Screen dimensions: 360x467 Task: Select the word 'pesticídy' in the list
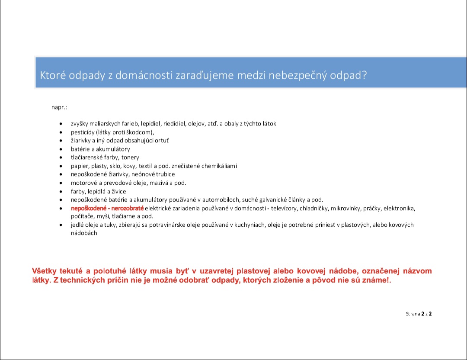click(x=82, y=132)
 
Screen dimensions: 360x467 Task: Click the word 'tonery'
click(x=130, y=157)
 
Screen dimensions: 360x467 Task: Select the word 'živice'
click(x=117, y=191)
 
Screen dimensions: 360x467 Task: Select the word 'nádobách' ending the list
click(x=84, y=233)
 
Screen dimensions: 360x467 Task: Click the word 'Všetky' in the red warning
click(x=45, y=271)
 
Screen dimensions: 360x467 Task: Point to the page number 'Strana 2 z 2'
click(x=419, y=314)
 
